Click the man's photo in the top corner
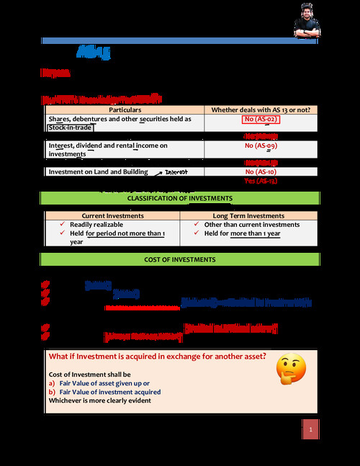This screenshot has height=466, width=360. pos(307,19)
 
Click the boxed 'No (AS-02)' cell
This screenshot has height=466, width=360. pos(261,120)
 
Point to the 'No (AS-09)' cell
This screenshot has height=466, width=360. pos(261,145)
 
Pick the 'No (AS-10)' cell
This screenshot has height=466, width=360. pos(261,172)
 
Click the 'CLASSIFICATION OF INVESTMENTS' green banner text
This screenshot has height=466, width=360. pos(179,198)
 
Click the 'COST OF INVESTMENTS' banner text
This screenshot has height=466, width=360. pos(179,259)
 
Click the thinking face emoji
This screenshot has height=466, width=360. pos(291,368)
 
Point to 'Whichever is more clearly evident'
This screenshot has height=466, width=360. pos(100,400)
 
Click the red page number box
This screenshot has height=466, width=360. pos(310,430)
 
